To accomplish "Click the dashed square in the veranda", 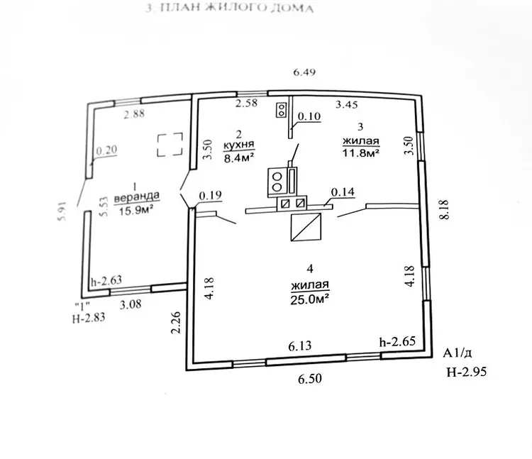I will coord(170,145).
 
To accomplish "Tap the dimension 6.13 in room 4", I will coord(301,346).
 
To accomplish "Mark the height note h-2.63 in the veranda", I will coord(106,280).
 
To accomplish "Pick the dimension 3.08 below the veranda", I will coord(129,304).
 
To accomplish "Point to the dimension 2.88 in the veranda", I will coord(134,114).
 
